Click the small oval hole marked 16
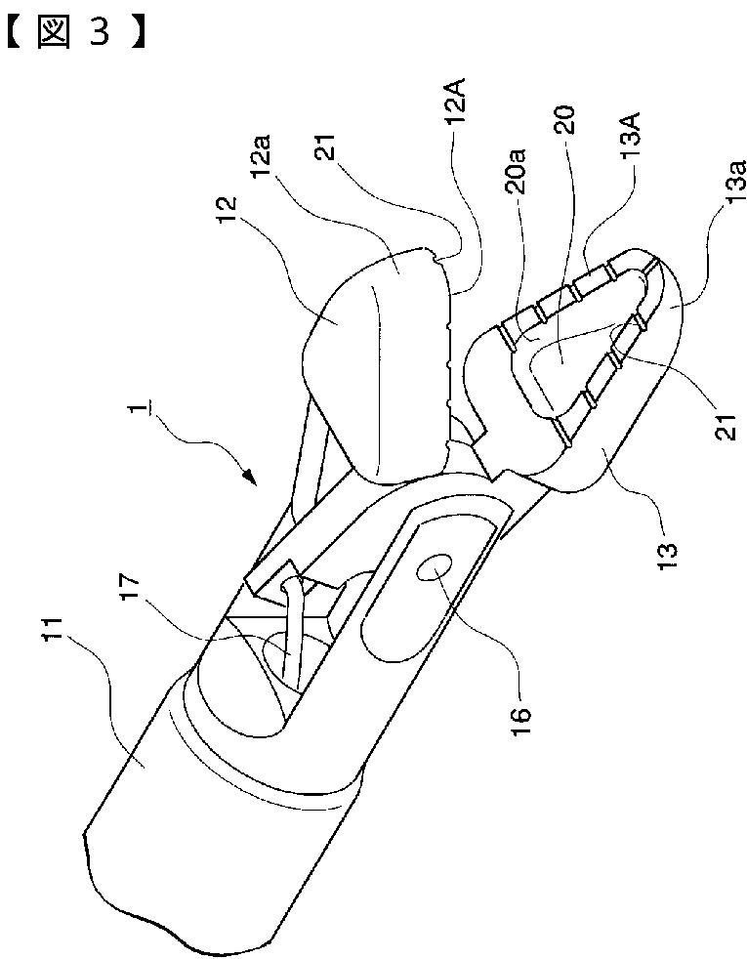[x=434, y=568]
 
